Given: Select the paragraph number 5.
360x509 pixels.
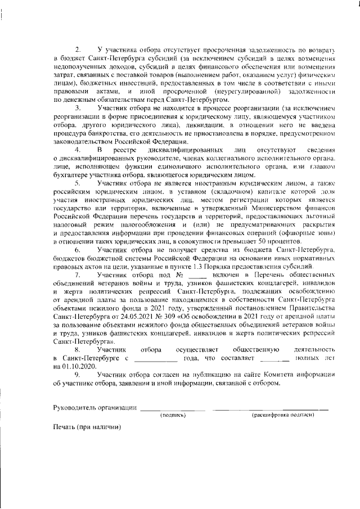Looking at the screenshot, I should [x=78, y=183].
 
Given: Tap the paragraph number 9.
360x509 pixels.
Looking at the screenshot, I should [x=78, y=373].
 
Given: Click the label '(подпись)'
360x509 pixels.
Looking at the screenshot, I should [x=173, y=415].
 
